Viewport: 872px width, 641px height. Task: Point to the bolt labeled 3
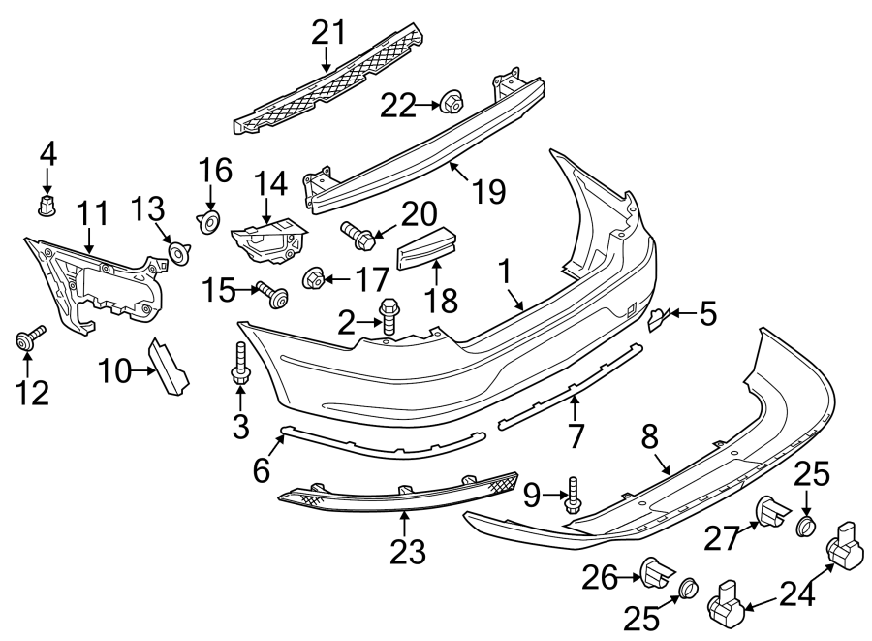point(239,368)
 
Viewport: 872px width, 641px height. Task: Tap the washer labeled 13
point(178,253)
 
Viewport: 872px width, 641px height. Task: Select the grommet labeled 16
point(208,224)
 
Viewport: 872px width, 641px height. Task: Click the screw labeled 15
point(270,295)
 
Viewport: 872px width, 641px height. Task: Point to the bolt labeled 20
point(357,233)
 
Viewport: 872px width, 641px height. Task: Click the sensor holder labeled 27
point(770,513)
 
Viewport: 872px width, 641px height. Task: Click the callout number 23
point(408,552)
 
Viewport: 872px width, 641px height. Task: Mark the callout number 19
point(490,190)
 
